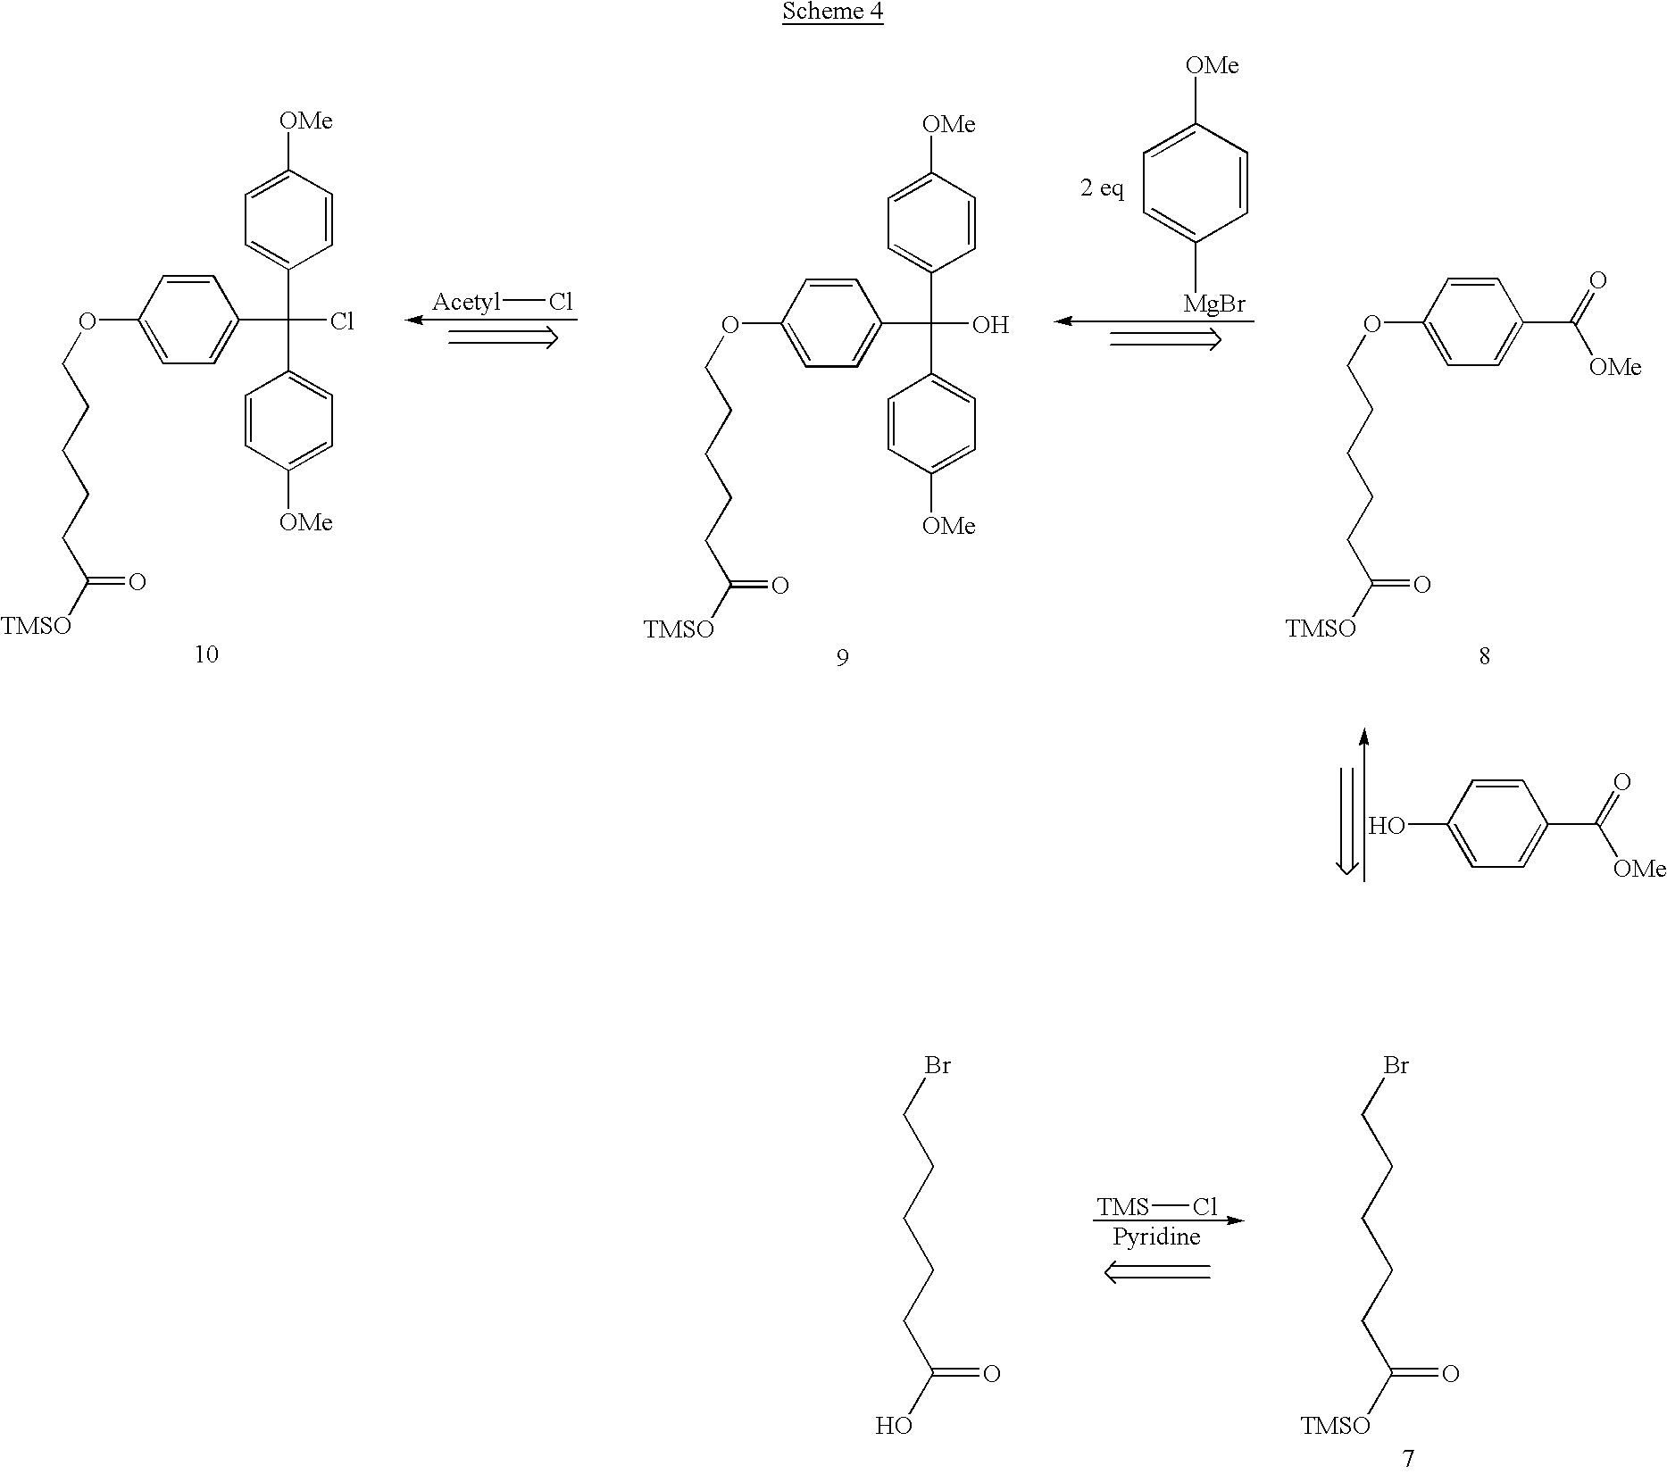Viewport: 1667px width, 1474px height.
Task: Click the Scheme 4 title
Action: (832, 12)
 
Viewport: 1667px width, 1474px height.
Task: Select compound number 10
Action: (206, 654)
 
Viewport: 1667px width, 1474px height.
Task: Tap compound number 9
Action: (842, 658)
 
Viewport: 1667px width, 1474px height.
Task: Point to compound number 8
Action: (1484, 656)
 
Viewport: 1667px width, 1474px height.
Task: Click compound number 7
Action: (1408, 1459)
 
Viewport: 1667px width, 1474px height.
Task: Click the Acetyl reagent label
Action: (466, 303)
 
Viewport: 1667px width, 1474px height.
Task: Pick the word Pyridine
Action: (1156, 1237)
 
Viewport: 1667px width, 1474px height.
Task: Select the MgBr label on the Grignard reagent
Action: (1214, 304)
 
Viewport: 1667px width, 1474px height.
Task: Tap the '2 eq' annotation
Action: (1102, 189)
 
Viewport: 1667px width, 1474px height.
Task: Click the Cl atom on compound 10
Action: (342, 321)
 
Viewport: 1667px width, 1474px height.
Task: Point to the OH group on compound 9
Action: (990, 326)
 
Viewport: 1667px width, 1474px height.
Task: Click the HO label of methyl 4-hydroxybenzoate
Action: (1387, 827)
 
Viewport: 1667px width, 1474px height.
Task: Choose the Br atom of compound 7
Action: (1396, 1065)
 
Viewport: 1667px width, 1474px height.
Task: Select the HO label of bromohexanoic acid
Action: (894, 1427)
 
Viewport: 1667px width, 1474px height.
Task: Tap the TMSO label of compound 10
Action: (36, 626)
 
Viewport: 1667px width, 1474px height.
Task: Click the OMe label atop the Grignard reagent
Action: (1212, 65)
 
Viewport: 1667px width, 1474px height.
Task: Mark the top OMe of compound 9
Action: (948, 124)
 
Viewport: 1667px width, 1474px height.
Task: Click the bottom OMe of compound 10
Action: (306, 522)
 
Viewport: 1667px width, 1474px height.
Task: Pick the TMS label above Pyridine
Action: (1123, 1208)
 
